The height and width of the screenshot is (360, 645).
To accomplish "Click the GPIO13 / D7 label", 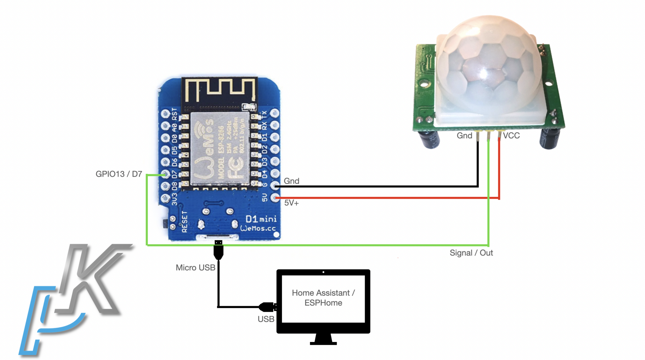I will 119,174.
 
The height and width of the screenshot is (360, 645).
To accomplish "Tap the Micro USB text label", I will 195,268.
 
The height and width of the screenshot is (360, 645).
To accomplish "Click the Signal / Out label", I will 471,253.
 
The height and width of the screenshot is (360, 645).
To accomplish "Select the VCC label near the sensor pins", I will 511,136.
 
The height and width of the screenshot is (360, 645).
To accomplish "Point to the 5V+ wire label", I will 291,203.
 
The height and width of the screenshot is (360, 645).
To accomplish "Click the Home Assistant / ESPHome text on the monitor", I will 323,298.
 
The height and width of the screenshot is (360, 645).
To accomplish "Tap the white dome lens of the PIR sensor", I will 488,66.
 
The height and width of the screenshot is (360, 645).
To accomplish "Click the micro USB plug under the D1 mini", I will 218,249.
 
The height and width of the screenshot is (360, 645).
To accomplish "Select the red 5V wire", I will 378,198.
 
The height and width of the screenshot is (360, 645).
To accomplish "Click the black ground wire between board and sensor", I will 378,186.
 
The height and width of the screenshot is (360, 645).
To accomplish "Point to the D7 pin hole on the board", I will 165,174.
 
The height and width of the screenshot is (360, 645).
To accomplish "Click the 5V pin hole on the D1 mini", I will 275,198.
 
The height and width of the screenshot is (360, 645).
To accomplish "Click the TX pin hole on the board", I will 275,113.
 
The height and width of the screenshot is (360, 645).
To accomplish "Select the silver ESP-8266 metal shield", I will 220,148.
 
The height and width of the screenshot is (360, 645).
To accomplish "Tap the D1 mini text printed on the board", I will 261,219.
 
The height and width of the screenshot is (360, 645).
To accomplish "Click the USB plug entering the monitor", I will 268,306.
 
